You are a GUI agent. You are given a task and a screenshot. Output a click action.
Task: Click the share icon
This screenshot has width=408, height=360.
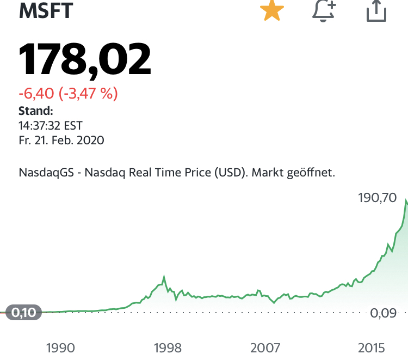(x=376, y=11)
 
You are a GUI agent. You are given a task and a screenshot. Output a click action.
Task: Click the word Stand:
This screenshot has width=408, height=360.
(x=36, y=111)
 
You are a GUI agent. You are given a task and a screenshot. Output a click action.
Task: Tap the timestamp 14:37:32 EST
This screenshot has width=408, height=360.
(x=51, y=126)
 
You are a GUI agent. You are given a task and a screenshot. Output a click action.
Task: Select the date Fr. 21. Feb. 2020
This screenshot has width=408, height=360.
(x=61, y=141)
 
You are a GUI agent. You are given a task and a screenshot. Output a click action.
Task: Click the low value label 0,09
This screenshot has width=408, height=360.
(x=385, y=313)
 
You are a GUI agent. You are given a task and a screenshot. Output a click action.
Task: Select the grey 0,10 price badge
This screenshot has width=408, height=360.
(x=23, y=313)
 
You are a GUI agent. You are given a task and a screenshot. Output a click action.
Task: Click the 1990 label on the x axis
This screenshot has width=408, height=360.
(x=60, y=347)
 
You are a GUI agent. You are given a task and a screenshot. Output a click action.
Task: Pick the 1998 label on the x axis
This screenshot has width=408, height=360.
(x=168, y=347)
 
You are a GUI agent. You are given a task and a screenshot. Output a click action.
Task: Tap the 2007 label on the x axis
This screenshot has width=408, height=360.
(x=265, y=347)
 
